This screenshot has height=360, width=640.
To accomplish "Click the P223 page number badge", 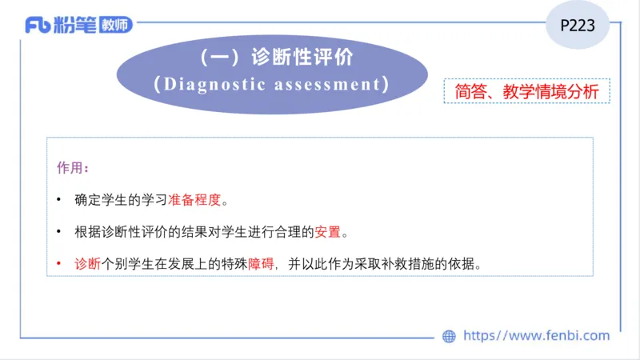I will pyautogui.click(x=577, y=26).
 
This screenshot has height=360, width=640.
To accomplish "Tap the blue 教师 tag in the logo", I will pyautogui.click(x=116, y=26).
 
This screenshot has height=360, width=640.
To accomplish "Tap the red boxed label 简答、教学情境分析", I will pyautogui.click(x=526, y=91).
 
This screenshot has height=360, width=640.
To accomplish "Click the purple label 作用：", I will pyautogui.click(x=73, y=169).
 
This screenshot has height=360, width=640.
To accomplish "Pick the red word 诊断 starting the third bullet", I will pyautogui.click(x=86, y=264).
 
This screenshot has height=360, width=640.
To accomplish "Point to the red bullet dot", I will pyautogui.click(x=59, y=264).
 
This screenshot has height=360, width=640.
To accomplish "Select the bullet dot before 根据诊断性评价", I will pyautogui.click(x=59, y=232).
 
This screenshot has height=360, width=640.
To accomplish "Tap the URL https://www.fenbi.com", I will pyautogui.click(x=536, y=336).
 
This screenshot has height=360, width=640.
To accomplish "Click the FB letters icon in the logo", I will pyautogui.click(x=37, y=26).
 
